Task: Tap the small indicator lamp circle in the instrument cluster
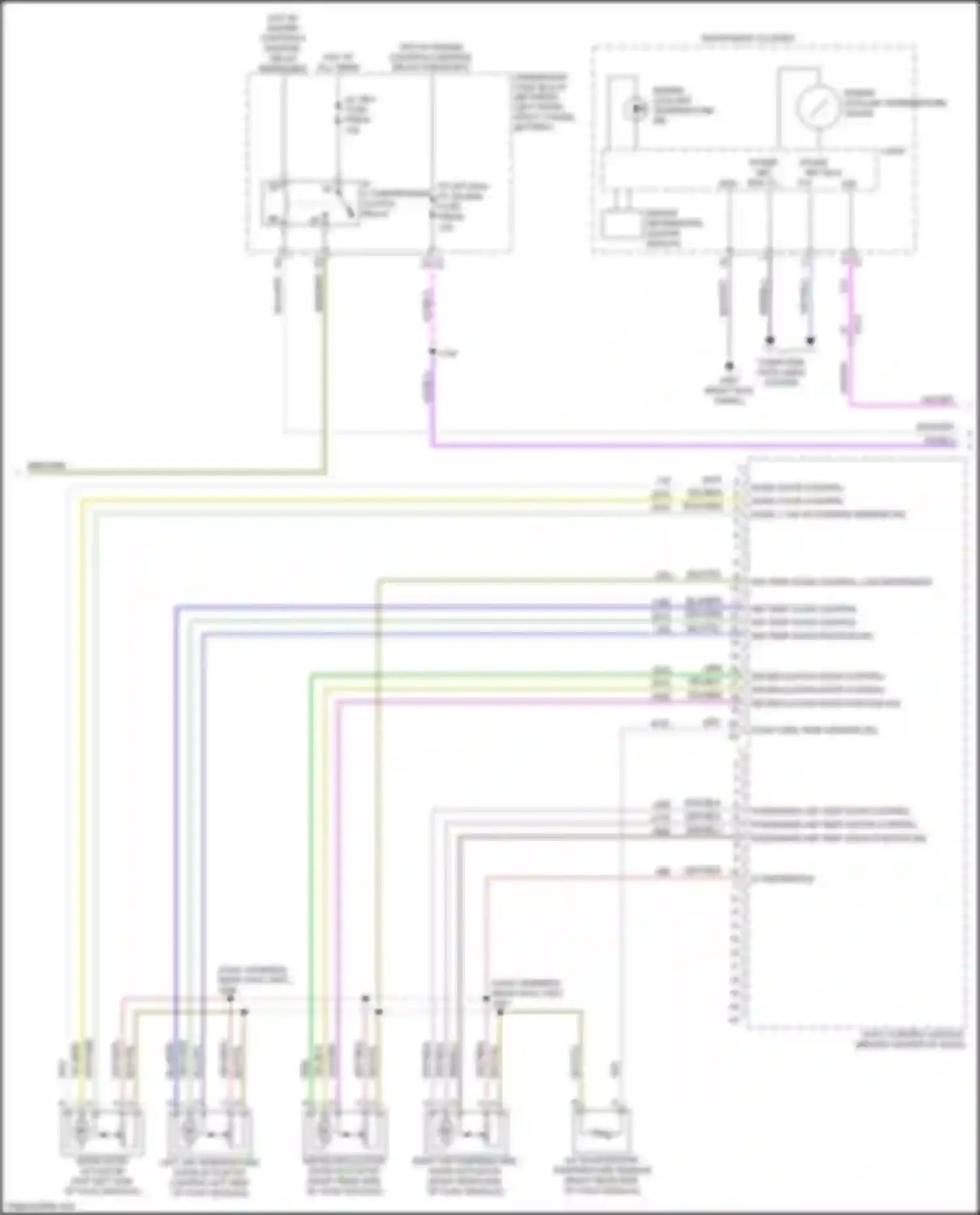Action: pyautogui.click(x=634, y=108)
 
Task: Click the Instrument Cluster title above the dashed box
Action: pyautogui.click(x=748, y=39)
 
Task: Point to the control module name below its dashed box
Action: pyautogui.click(x=912, y=1039)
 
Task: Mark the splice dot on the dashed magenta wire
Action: pyautogui.click(x=432, y=353)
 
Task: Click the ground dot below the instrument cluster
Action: pyautogui.click(x=729, y=366)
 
